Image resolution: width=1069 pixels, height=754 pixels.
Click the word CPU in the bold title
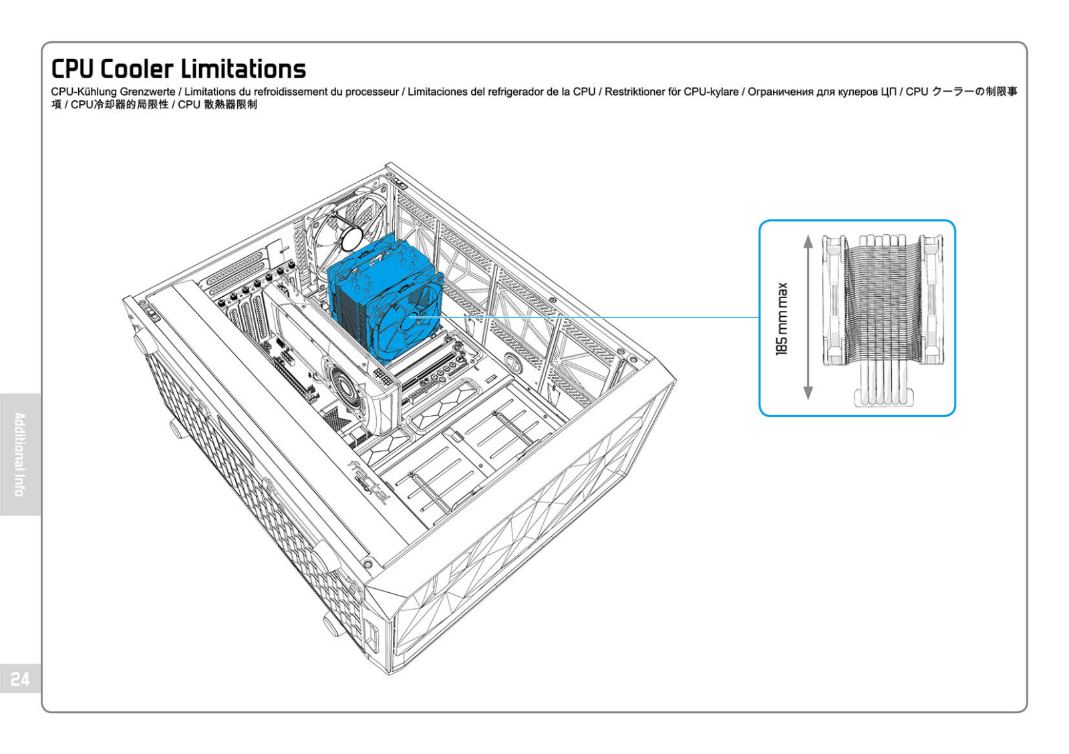pos(72,69)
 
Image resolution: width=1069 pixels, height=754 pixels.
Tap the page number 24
pos(20,679)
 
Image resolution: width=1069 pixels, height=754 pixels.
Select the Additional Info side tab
pos(20,455)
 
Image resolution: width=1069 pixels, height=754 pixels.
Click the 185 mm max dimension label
pos(782,318)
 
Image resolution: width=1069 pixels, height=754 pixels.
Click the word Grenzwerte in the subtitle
pos(148,92)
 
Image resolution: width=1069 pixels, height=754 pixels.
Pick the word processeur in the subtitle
pos(371,92)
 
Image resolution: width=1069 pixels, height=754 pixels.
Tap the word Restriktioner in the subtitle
pos(635,92)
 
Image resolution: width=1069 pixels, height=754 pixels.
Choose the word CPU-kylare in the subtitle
pos(711,92)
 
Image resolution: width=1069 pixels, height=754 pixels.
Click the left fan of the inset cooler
pos(834,301)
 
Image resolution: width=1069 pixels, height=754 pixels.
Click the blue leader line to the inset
pos(601,317)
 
